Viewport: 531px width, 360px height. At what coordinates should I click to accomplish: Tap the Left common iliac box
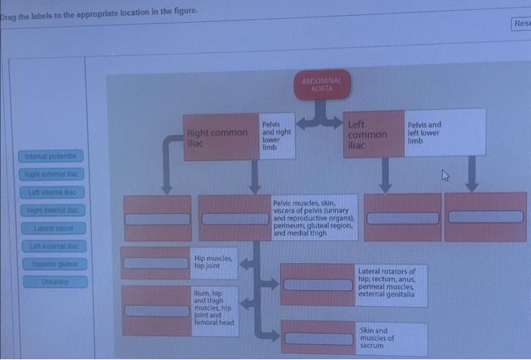click(366, 134)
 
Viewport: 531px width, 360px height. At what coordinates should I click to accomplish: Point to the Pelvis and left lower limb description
click(444, 132)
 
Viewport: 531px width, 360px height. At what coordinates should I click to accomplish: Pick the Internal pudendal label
click(54, 157)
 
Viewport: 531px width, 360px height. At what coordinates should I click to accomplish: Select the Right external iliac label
click(54, 174)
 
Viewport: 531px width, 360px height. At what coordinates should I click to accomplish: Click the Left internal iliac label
click(54, 192)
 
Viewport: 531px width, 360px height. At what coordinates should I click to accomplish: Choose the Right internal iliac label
click(54, 209)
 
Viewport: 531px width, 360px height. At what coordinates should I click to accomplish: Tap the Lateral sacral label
click(54, 227)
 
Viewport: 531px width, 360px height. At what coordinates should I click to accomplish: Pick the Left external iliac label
click(54, 246)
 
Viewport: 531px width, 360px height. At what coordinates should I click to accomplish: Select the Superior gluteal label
click(54, 264)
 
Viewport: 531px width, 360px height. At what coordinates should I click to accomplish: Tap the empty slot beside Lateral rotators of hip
click(317, 282)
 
